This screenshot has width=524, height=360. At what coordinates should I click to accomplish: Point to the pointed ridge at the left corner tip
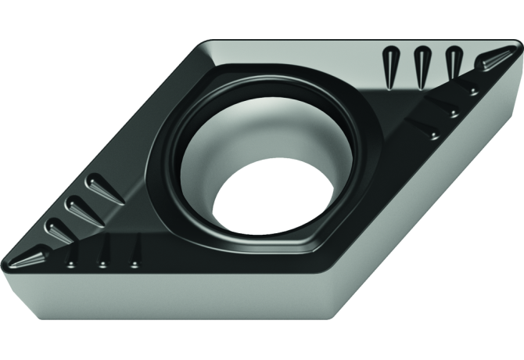pyautogui.click(x=31, y=256)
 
